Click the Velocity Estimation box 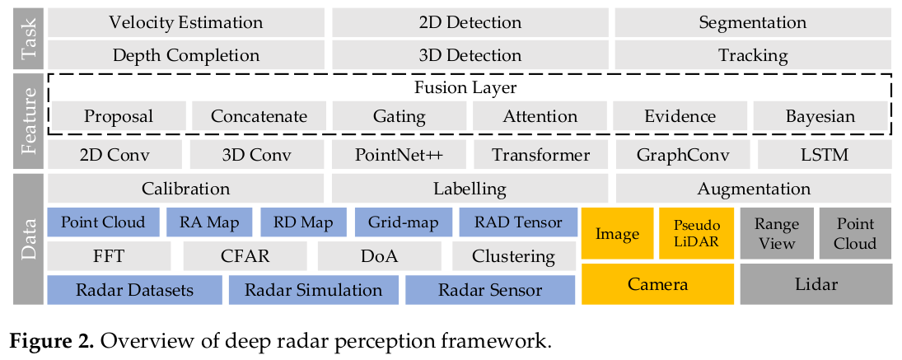[x=186, y=22]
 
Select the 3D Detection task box [x=470, y=56]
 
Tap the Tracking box [x=753, y=56]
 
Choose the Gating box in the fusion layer [x=399, y=116]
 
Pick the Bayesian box [x=820, y=116]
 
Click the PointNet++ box [x=399, y=155]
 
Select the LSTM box [x=823, y=155]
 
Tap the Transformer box [x=540, y=155]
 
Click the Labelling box [x=470, y=189]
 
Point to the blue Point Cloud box [x=102, y=222]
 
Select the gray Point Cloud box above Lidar [x=855, y=233]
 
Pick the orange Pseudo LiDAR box [x=696, y=233]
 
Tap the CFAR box [x=245, y=256]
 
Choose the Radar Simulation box [x=314, y=290]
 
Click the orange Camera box [x=657, y=285]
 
